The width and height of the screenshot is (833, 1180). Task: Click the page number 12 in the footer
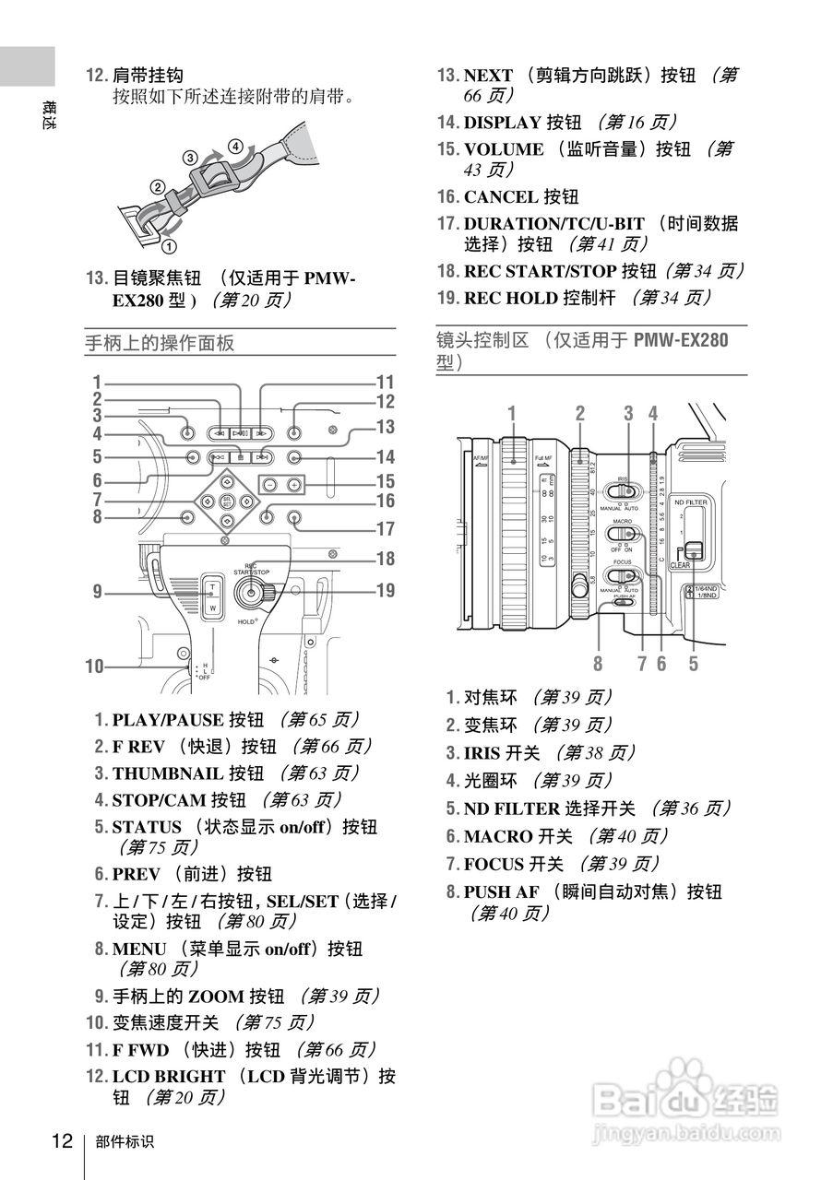point(62,1140)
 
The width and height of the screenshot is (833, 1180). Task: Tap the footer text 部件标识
point(125,1141)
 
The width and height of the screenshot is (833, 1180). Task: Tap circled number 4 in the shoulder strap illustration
point(236,147)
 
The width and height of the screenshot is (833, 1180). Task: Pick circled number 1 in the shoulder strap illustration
point(168,246)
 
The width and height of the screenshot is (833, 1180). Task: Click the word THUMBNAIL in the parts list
point(167,773)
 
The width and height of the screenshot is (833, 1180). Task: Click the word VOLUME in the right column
point(504,148)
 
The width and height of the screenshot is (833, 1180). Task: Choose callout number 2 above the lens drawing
point(579,413)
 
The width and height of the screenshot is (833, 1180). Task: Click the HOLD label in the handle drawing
point(246,622)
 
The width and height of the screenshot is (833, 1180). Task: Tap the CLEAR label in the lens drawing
point(681,564)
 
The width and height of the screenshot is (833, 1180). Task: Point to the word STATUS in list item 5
point(147,827)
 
